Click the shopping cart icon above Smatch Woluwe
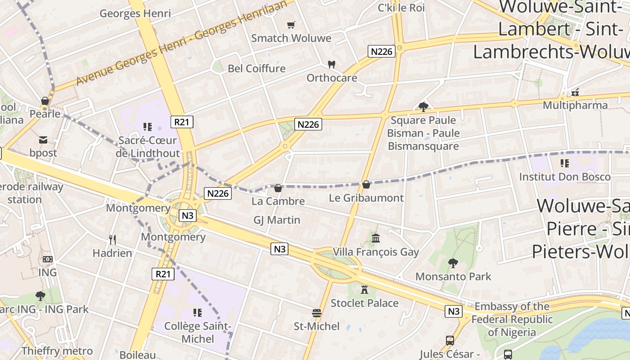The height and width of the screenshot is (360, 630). pos(291,25)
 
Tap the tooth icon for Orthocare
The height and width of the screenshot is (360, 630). pos(332,64)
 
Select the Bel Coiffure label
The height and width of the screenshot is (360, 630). pos(256,68)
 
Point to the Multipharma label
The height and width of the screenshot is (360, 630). pos(575,105)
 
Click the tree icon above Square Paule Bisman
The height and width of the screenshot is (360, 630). pos(423,107)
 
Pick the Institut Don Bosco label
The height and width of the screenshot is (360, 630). pos(565,176)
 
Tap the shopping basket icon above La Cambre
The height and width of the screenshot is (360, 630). pos(278,188)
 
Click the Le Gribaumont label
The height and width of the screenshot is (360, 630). pos(366,198)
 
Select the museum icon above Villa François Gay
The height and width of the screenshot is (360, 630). pos(376,238)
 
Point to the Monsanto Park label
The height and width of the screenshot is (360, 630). pos(453,276)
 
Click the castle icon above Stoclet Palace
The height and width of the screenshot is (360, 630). pos(364,289)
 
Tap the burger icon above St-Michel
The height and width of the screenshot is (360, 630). pos(317,313)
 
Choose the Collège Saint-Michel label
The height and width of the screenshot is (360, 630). pos(198,332)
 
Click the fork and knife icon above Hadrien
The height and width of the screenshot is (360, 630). pos(112,239)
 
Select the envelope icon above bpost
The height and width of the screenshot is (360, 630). pos(43,140)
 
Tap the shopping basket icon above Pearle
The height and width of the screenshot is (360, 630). pos(45,101)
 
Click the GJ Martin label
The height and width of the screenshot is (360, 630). pos(277,220)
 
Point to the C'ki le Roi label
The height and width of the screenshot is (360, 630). pos(401,8)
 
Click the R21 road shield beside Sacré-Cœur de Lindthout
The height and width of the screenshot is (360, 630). pos(182,121)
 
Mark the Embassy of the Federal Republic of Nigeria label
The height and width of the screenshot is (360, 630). pos(512,319)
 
